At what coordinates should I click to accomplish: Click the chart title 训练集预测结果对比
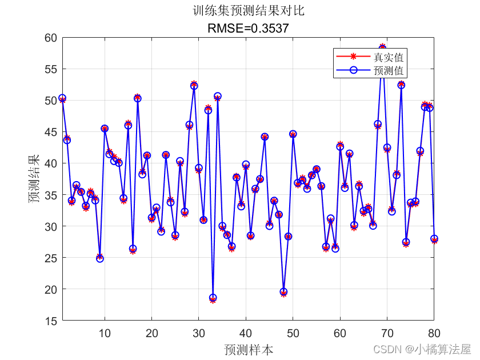click(x=247, y=11)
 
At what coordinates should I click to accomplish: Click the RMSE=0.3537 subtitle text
click(x=247, y=27)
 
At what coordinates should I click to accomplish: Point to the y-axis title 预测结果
click(x=35, y=179)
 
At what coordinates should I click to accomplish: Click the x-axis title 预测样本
click(x=248, y=349)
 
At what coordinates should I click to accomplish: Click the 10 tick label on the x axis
click(x=105, y=333)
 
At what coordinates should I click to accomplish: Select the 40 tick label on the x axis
click(x=246, y=333)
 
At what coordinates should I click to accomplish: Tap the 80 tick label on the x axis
click(x=434, y=333)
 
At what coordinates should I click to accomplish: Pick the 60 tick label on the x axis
click(x=340, y=333)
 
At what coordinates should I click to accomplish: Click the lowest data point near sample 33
click(x=213, y=298)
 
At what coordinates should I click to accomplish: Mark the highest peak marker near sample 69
click(x=382, y=47)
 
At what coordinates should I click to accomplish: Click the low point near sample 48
click(x=283, y=292)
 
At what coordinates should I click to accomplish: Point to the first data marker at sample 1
click(x=62, y=98)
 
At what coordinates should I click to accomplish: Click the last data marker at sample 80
click(x=434, y=239)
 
